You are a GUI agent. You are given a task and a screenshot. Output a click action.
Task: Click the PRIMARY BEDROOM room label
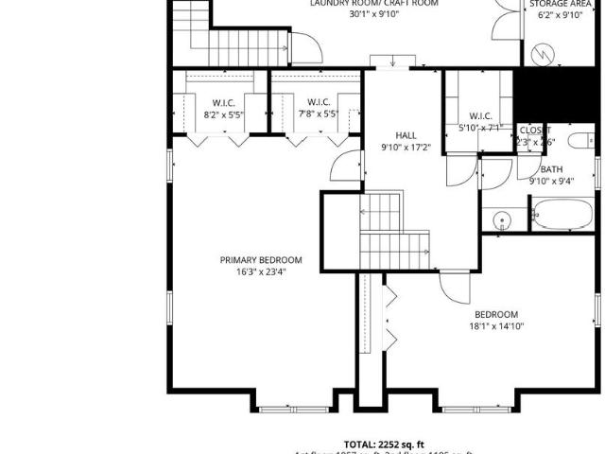point(261,260)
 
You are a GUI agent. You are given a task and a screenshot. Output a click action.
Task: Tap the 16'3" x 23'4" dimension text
point(261,271)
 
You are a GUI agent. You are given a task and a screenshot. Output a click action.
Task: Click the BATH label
point(551,169)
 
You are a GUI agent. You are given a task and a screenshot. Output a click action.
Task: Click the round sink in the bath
point(502,220)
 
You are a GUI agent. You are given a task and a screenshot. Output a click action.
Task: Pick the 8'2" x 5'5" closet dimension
point(223,114)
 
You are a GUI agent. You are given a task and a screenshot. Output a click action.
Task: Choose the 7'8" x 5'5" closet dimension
point(317,114)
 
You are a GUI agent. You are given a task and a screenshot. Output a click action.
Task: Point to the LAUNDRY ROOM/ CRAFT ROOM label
point(361,3)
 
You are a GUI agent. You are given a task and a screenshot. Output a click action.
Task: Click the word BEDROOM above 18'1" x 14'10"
point(496,314)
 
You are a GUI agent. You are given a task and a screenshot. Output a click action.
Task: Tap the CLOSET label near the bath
point(534,130)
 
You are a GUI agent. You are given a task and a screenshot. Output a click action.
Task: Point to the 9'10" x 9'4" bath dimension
point(551,181)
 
